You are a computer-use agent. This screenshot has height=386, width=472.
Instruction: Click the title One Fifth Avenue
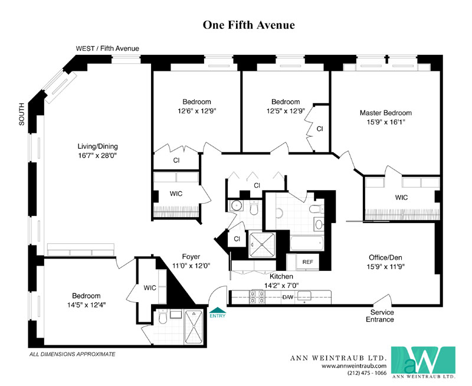click(248, 25)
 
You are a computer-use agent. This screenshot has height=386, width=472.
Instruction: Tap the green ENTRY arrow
click(218, 310)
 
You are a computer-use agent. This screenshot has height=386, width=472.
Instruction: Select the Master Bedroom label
click(386, 113)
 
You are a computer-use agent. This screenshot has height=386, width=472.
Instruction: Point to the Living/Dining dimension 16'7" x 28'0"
click(97, 156)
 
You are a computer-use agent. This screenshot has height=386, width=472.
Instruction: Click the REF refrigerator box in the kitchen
click(307, 262)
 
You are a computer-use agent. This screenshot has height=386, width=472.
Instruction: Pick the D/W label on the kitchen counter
click(288, 297)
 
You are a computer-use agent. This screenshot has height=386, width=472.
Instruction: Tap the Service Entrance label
click(380, 316)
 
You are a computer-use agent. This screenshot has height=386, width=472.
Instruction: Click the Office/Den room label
click(386, 257)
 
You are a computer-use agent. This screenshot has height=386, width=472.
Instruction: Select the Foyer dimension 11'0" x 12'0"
click(191, 266)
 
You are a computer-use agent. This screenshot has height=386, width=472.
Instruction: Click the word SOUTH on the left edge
click(22, 114)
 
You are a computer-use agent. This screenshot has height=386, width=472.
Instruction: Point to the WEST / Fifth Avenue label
click(107, 48)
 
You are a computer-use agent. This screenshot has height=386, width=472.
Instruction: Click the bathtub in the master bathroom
click(307, 243)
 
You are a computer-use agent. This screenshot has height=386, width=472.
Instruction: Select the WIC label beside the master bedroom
click(401, 198)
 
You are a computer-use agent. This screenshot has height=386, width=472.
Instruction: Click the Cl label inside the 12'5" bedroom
click(320, 129)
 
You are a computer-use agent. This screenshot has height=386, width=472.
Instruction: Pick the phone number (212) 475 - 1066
click(367, 373)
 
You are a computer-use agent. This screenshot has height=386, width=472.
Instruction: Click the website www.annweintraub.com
click(354, 366)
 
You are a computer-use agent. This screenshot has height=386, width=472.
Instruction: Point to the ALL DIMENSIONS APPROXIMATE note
click(72, 354)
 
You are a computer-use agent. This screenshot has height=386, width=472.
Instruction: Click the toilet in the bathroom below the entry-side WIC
click(163, 318)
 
